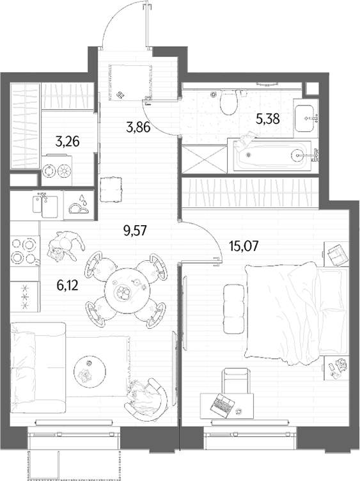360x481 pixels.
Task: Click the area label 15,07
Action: point(244,246)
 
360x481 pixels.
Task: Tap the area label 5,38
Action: point(268,119)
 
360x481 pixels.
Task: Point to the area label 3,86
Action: point(138,127)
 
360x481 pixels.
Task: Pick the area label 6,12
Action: point(68,286)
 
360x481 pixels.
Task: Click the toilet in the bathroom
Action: point(229,102)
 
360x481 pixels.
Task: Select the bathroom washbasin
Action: point(304,118)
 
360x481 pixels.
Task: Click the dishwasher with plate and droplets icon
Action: point(79,205)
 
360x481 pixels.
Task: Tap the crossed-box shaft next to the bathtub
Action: point(205,159)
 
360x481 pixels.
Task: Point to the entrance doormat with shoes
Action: point(130,82)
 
